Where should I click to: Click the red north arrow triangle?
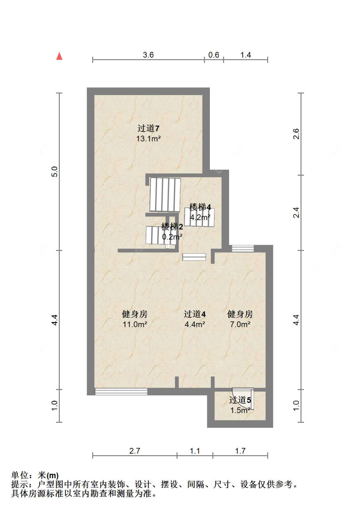(59, 56)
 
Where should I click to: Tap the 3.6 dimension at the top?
(148, 55)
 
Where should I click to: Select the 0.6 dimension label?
(213, 55)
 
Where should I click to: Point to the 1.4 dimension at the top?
(245, 55)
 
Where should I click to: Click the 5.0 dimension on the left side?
(55, 172)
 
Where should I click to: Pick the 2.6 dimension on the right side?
(296, 134)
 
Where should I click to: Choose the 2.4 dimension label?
(296, 213)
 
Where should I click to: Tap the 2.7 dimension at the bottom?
(135, 451)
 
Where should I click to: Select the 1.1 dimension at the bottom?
(195, 451)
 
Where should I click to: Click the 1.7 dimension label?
(240, 451)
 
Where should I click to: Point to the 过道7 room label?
(148, 128)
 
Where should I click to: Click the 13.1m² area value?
(148, 139)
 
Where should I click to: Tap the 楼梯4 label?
(200, 207)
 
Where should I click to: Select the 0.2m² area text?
(172, 237)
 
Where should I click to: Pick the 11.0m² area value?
(135, 324)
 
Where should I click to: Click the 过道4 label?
(195, 314)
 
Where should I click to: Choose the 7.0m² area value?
(240, 324)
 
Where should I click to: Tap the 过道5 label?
(240, 400)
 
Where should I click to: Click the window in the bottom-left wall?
(121, 391)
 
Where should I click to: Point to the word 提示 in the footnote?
(20, 484)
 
